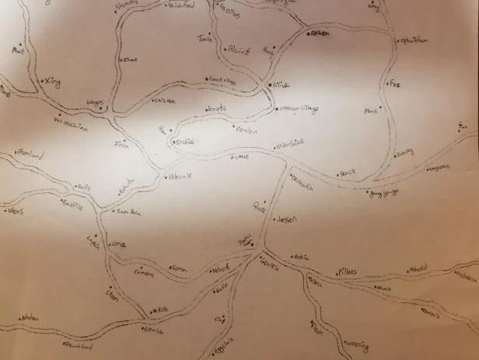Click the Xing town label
pos(53,81)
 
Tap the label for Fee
pos(394,82)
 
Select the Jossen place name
pos(288,219)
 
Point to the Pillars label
pos(347,271)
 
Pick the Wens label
pos(16,210)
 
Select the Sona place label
pos(180,267)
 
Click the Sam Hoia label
pos(128,211)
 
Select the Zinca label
pos(121,144)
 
